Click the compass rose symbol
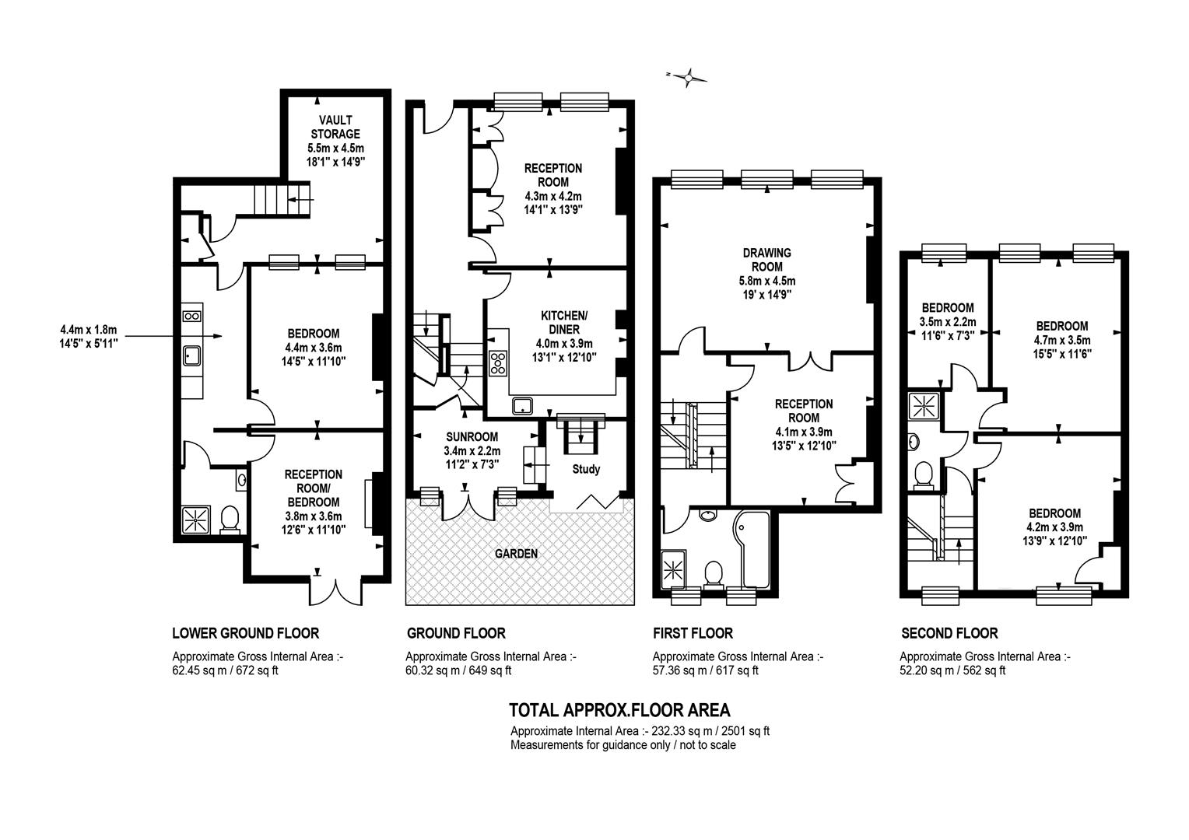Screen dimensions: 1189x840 tap(688, 79)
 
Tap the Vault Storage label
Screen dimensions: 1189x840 tap(335, 127)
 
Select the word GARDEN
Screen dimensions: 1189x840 tap(516, 554)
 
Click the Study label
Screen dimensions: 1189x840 tap(586, 469)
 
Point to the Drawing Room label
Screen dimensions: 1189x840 tap(767, 260)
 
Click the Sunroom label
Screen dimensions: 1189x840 tap(472, 436)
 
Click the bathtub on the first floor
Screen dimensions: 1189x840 tap(751, 549)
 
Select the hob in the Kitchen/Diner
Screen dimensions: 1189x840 tap(498, 363)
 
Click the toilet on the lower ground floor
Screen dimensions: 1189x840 tap(230, 520)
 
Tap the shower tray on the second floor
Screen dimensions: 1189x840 tap(924, 406)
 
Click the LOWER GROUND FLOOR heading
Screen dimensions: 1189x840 tap(246, 633)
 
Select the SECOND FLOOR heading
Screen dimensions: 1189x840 tap(949, 633)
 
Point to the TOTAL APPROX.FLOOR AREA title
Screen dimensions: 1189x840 tap(619, 710)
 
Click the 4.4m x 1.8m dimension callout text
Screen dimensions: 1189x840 tap(89, 337)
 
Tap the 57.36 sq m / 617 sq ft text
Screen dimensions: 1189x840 tap(706, 670)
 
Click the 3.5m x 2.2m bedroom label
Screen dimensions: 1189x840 tap(948, 321)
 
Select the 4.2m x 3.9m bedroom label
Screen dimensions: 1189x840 tap(1054, 527)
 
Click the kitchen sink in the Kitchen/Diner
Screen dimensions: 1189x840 tap(523, 406)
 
